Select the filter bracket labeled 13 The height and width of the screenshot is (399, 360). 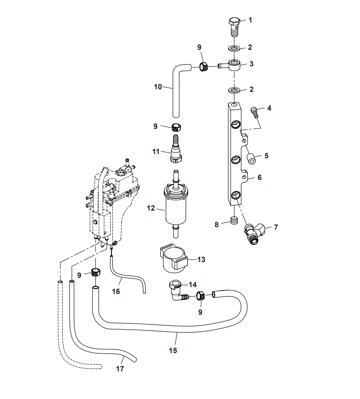tap(173, 259)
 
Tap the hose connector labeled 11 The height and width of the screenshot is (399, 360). tap(175, 151)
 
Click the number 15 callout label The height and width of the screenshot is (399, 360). tap(173, 351)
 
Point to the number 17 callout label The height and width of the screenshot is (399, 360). tap(120, 369)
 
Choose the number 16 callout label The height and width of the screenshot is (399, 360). tap(116, 291)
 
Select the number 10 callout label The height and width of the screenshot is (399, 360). tap(158, 87)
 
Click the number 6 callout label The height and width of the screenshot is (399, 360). tap(260, 177)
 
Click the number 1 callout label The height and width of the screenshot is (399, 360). tap(250, 20)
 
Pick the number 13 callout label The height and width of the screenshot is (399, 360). tap(201, 259)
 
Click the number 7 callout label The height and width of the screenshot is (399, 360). tap(275, 227)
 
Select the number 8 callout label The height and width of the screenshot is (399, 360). tap(217, 224)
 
